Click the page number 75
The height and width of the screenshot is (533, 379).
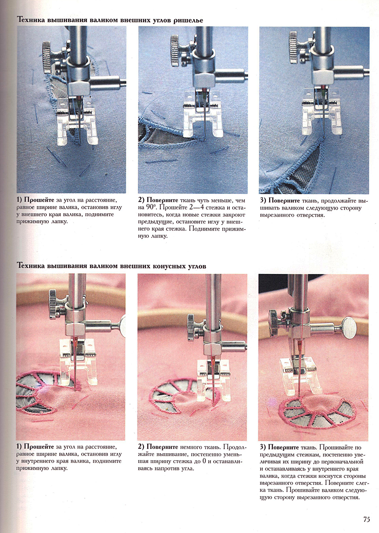pos(366,519)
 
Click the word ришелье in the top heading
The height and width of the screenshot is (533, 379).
pos(188,20)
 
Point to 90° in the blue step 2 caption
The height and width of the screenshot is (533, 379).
pos(151,207)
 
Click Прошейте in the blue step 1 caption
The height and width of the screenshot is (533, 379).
pos(39,200)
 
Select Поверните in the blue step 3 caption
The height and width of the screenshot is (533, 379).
pos(284,201)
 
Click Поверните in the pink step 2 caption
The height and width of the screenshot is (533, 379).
pos(162,447)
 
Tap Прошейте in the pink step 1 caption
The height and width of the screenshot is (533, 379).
pos(39,447)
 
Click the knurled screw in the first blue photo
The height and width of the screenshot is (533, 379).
pos(47,56)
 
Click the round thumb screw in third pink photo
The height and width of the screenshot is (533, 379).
pos(350,327)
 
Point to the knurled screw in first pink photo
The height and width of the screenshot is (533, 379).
pos(53,304)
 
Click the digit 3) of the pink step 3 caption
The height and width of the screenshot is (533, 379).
pos(263,447)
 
